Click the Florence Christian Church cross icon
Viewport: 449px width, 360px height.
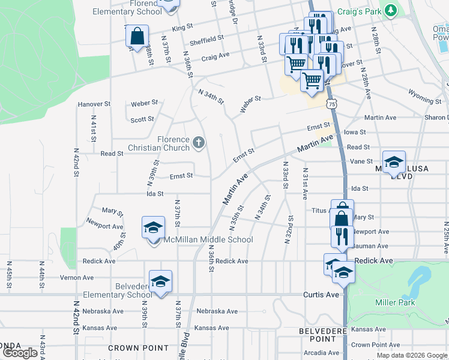[199, 143]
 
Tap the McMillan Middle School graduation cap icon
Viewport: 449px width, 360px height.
[153, 228]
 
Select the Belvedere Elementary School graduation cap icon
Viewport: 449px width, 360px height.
[161, 281]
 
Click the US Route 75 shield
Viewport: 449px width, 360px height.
[332, 104]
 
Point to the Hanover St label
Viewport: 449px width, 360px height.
[94, 104]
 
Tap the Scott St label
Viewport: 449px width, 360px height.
[142, 119]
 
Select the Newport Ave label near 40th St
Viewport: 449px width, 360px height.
[104, 226]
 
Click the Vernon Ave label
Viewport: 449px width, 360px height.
[77, 278]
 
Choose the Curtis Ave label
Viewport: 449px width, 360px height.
[322, 294]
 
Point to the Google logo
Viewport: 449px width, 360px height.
[20, 353]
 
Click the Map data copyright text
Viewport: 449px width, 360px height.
[412, 355]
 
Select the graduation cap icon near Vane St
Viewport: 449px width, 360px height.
[393, 161]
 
